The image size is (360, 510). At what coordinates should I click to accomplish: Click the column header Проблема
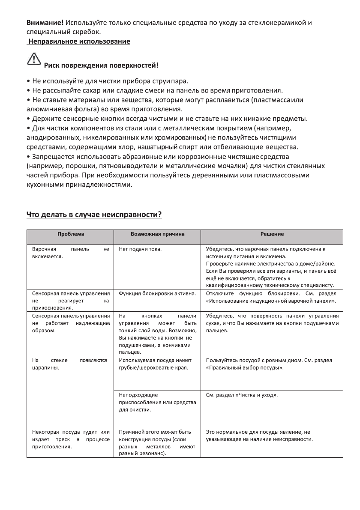click(71, 234)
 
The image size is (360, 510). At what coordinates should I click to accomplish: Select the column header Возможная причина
click(157, 234)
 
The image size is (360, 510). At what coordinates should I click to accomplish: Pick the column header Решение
click(272, 234)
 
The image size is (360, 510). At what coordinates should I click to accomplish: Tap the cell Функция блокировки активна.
click(157, 293)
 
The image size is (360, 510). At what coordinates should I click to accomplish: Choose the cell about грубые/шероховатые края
click(154, 364)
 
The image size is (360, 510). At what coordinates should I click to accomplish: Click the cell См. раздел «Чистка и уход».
click(242, 395)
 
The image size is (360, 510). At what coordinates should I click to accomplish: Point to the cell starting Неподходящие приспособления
click(157, 402)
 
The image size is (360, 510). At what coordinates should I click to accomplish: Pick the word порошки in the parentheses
click(75, 166)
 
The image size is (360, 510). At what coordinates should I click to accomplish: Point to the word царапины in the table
click(45, 367)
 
